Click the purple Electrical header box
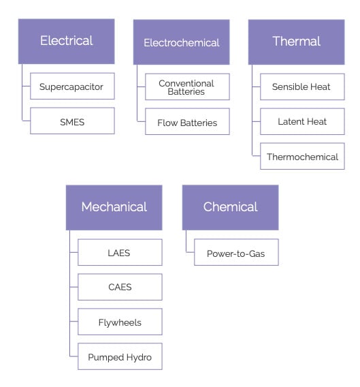coord(66,41)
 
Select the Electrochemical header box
coord(181,42)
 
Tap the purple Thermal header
coord(296,41)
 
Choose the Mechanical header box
coord(114,206)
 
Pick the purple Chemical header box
coord(230,206)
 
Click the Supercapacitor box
coord(72,87)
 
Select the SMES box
coord(72,121)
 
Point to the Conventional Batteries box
coord(187,87)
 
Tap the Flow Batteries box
coord(187,123)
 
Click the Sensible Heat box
coord(302,87)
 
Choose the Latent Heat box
coord(302,121)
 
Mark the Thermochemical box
coord(302,157)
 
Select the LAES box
coord(120,253)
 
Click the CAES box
coord(120,287)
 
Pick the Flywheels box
coord(120,322)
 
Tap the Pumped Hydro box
coord(120,356)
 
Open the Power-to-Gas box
coord(236,253)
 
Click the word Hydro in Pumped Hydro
coord(138,356)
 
